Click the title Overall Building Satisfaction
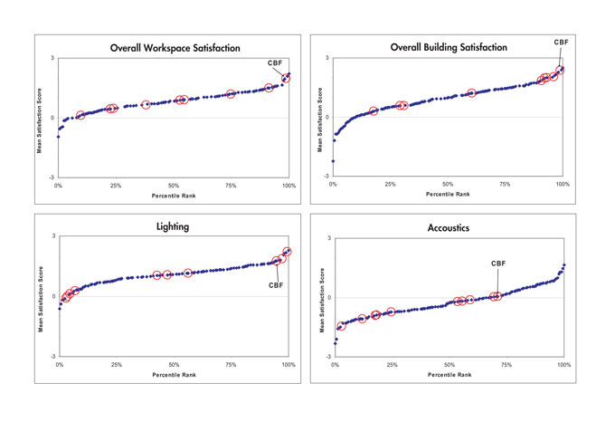coord(449,47)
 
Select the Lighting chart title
coord(173,226)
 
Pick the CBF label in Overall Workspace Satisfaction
coord(274,62)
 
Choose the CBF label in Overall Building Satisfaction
coord(561,42)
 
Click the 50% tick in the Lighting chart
coord(174,364)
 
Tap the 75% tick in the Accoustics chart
coord(506,365)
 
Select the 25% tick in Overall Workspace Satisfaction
coord(116,186)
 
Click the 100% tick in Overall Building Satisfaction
coord(563,185)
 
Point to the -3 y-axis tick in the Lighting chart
coord(53,357)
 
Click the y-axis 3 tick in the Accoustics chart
coord(329,238)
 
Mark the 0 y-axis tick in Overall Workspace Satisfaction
coord(53,118)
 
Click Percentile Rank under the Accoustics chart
coord(449,374)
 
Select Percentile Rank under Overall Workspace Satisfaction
coord(173,195)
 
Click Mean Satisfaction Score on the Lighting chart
coord(41,296)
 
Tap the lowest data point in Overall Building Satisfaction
coord(334,161)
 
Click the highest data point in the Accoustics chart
coord(564,265)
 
